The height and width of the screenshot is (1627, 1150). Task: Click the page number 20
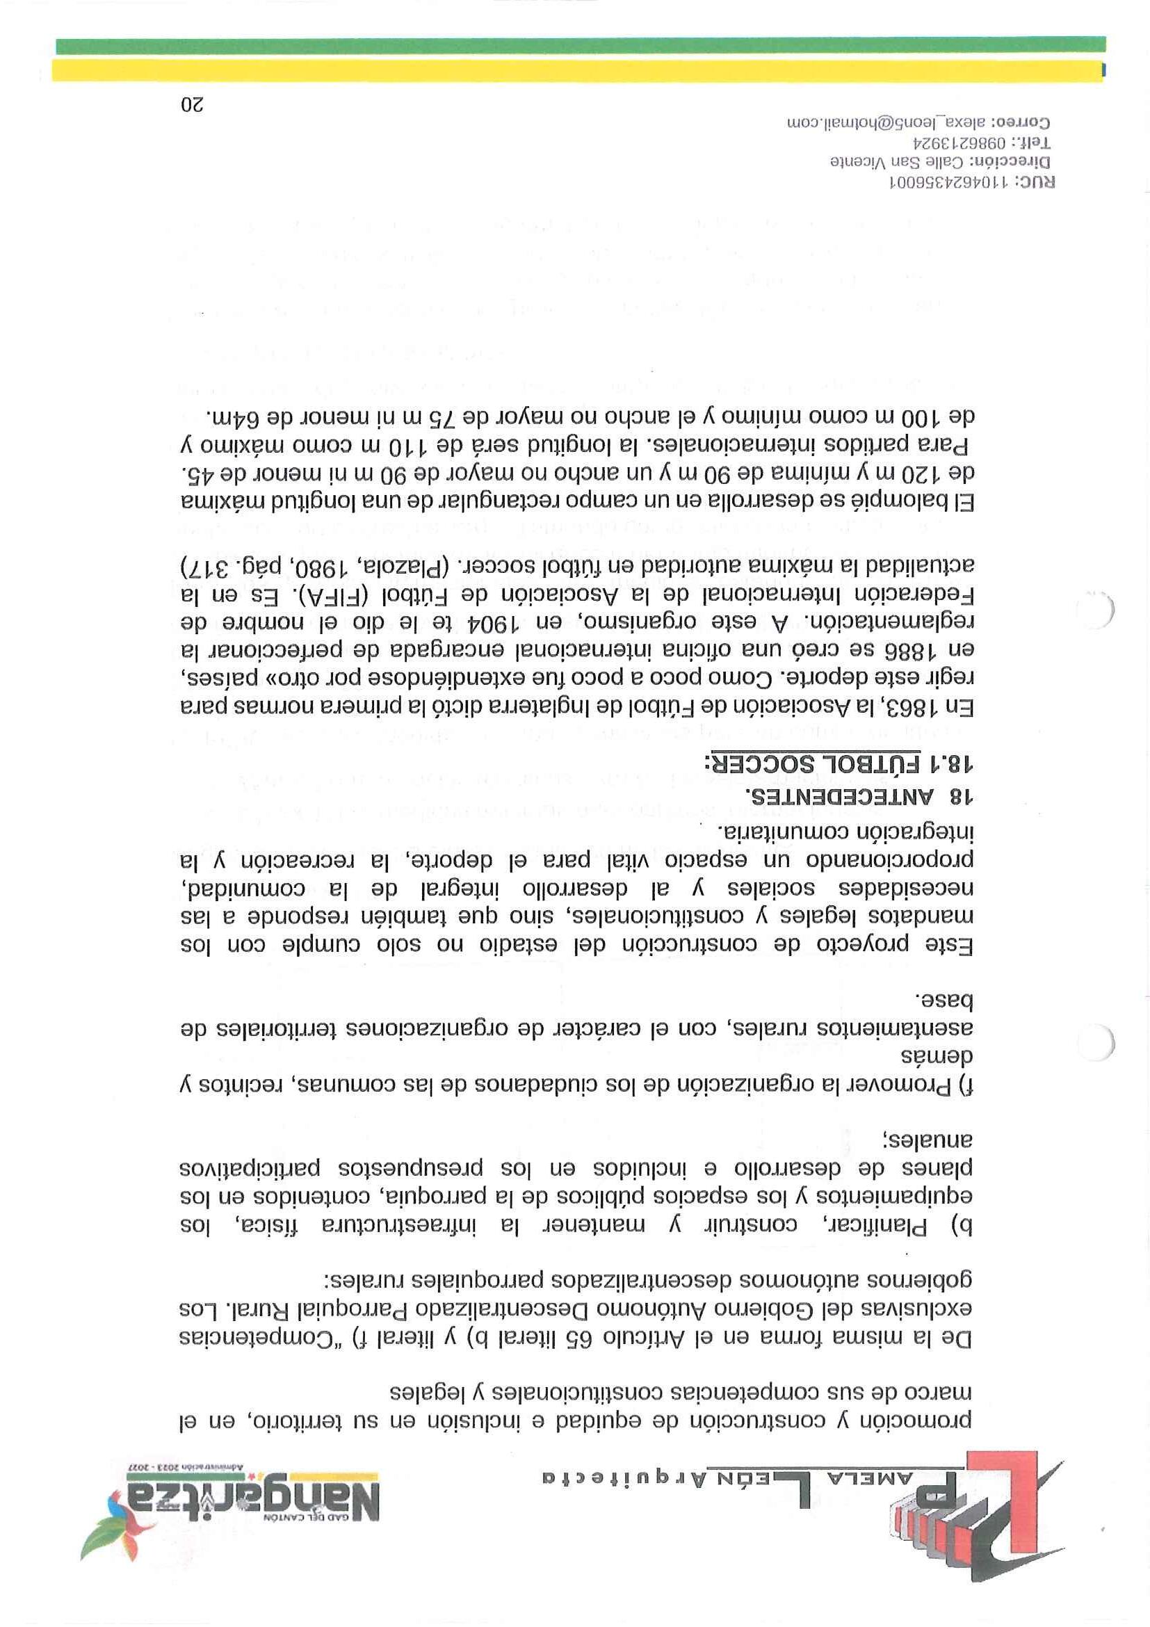tap(192, 106)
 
